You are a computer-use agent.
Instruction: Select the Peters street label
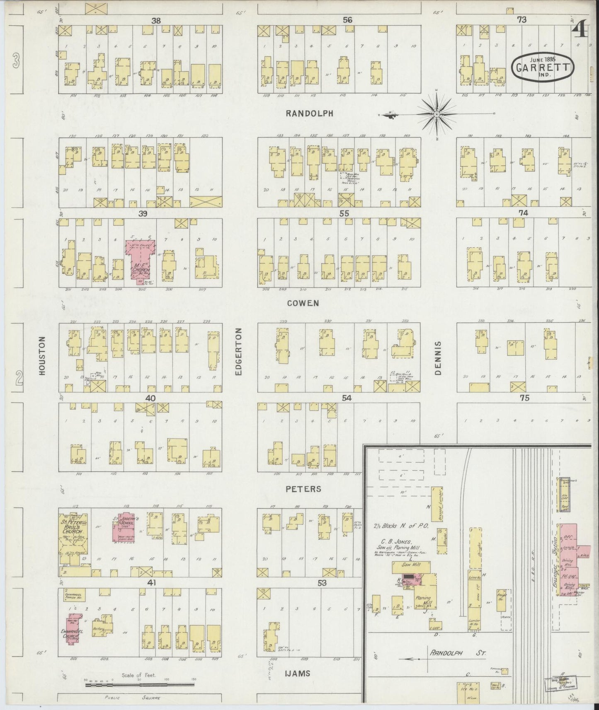(x=304, y=489)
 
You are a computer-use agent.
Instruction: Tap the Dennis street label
(x=439, y=358)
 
